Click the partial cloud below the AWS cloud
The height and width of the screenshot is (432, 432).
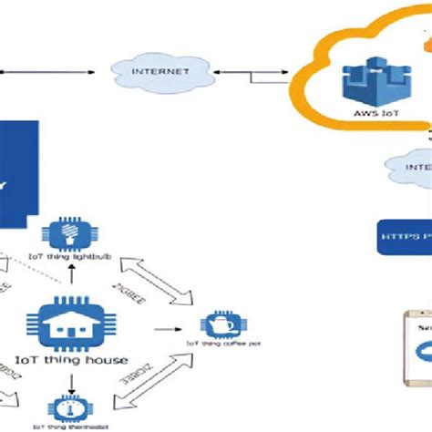(x=407, y=170)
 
